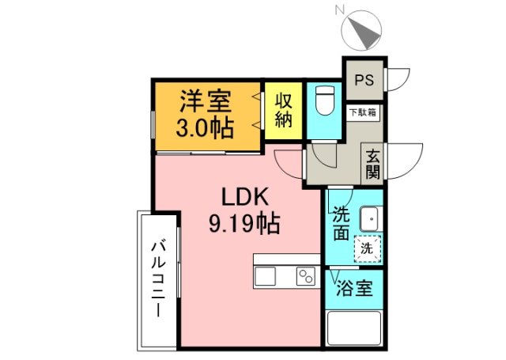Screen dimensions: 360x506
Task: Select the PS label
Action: pos(364,80)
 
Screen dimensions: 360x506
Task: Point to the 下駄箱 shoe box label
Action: pos(364,112)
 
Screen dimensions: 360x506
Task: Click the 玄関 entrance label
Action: pos(372,165)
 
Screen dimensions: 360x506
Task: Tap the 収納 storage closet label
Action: pos(284,111)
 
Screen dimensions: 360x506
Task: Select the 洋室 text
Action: pos(204,101)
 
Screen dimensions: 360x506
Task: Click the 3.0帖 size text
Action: pos(204,128)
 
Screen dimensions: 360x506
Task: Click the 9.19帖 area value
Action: pos(244,224)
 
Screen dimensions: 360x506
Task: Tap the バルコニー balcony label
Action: pos(157,279)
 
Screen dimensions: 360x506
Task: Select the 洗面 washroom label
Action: pos(341,223)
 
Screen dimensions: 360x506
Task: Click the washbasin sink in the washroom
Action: pos(368,217)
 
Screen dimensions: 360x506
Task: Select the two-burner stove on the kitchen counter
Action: pos(305,276)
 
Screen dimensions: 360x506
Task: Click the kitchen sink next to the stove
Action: pos(266,276)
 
